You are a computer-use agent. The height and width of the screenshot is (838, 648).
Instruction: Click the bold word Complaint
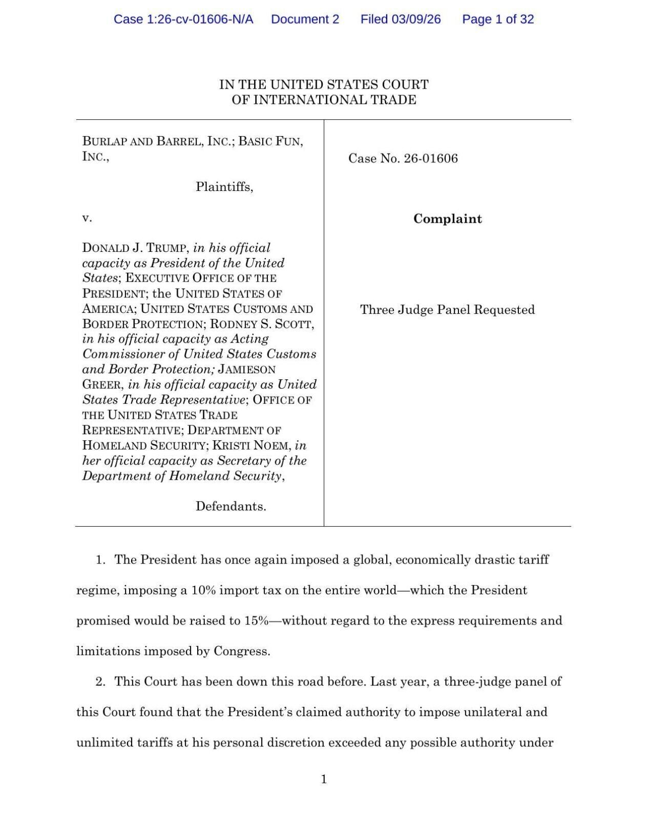click(447, 219)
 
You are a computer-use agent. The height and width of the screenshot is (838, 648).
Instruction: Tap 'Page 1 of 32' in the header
click(497, 19)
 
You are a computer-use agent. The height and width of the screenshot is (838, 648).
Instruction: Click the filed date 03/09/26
click(416, 19)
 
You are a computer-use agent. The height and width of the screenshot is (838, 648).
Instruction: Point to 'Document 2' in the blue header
click(305, 19)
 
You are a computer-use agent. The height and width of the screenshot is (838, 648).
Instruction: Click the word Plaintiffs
click(224, 187)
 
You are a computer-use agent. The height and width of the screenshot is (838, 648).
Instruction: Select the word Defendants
click(231, 507)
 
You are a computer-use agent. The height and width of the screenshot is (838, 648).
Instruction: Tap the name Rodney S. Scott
click(262, 324)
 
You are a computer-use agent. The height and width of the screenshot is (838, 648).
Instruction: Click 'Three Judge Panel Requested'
click(447, 310)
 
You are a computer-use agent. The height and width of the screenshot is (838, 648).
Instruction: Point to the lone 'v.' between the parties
click(87, 219)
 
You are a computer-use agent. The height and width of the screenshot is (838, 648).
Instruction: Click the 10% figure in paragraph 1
click(204, 590)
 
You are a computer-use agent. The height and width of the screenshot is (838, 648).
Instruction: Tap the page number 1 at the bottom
click(323, 779)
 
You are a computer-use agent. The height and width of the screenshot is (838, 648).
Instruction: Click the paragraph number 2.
click(100, 682)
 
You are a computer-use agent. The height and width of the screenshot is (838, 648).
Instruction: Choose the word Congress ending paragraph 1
click(241, 652)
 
